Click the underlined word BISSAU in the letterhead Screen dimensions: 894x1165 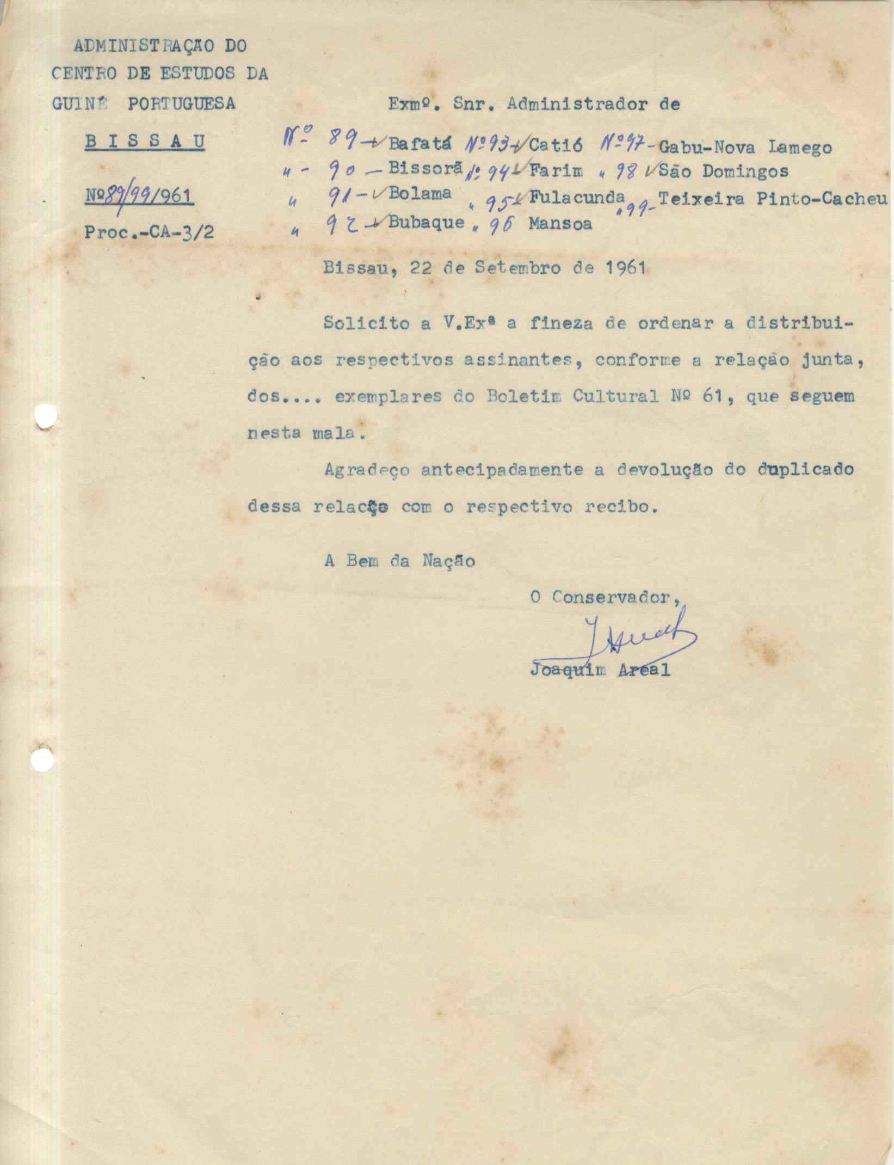[145, 142]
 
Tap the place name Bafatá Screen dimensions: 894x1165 [421, 145]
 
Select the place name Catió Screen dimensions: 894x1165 [556, 145]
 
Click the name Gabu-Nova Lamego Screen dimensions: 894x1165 [744, 147]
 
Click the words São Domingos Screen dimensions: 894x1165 [723, 171]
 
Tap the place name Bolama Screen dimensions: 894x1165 [420, 194]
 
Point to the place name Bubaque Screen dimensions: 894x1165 [427, 222]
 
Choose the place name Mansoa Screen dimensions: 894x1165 [560, 224]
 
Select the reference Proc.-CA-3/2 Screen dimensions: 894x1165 [149, 232]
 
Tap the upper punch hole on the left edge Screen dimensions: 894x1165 [45, 418]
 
